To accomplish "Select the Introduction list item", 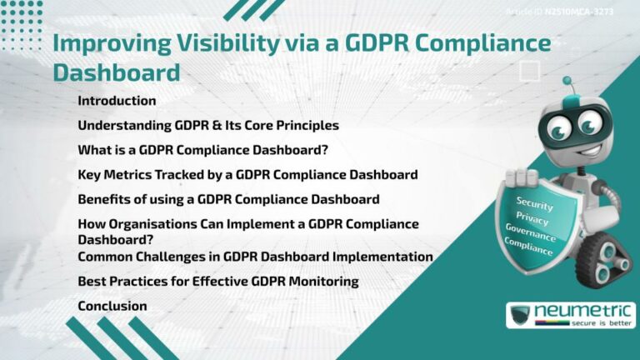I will [x=117, y=101].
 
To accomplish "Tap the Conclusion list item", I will [x=112, y=306].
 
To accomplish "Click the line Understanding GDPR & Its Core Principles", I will [x=208, y=126].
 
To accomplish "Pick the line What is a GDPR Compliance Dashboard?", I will [x=202, y=151].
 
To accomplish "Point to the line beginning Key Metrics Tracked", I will [x=247, y=175].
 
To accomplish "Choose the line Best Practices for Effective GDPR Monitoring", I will [x=217, y=282].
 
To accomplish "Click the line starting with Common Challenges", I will [x=255, y=257].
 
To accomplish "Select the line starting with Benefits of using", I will [x=228, y=200].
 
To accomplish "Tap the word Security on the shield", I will [x=534, y=202].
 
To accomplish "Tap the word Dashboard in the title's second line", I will [x=116, y=72].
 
